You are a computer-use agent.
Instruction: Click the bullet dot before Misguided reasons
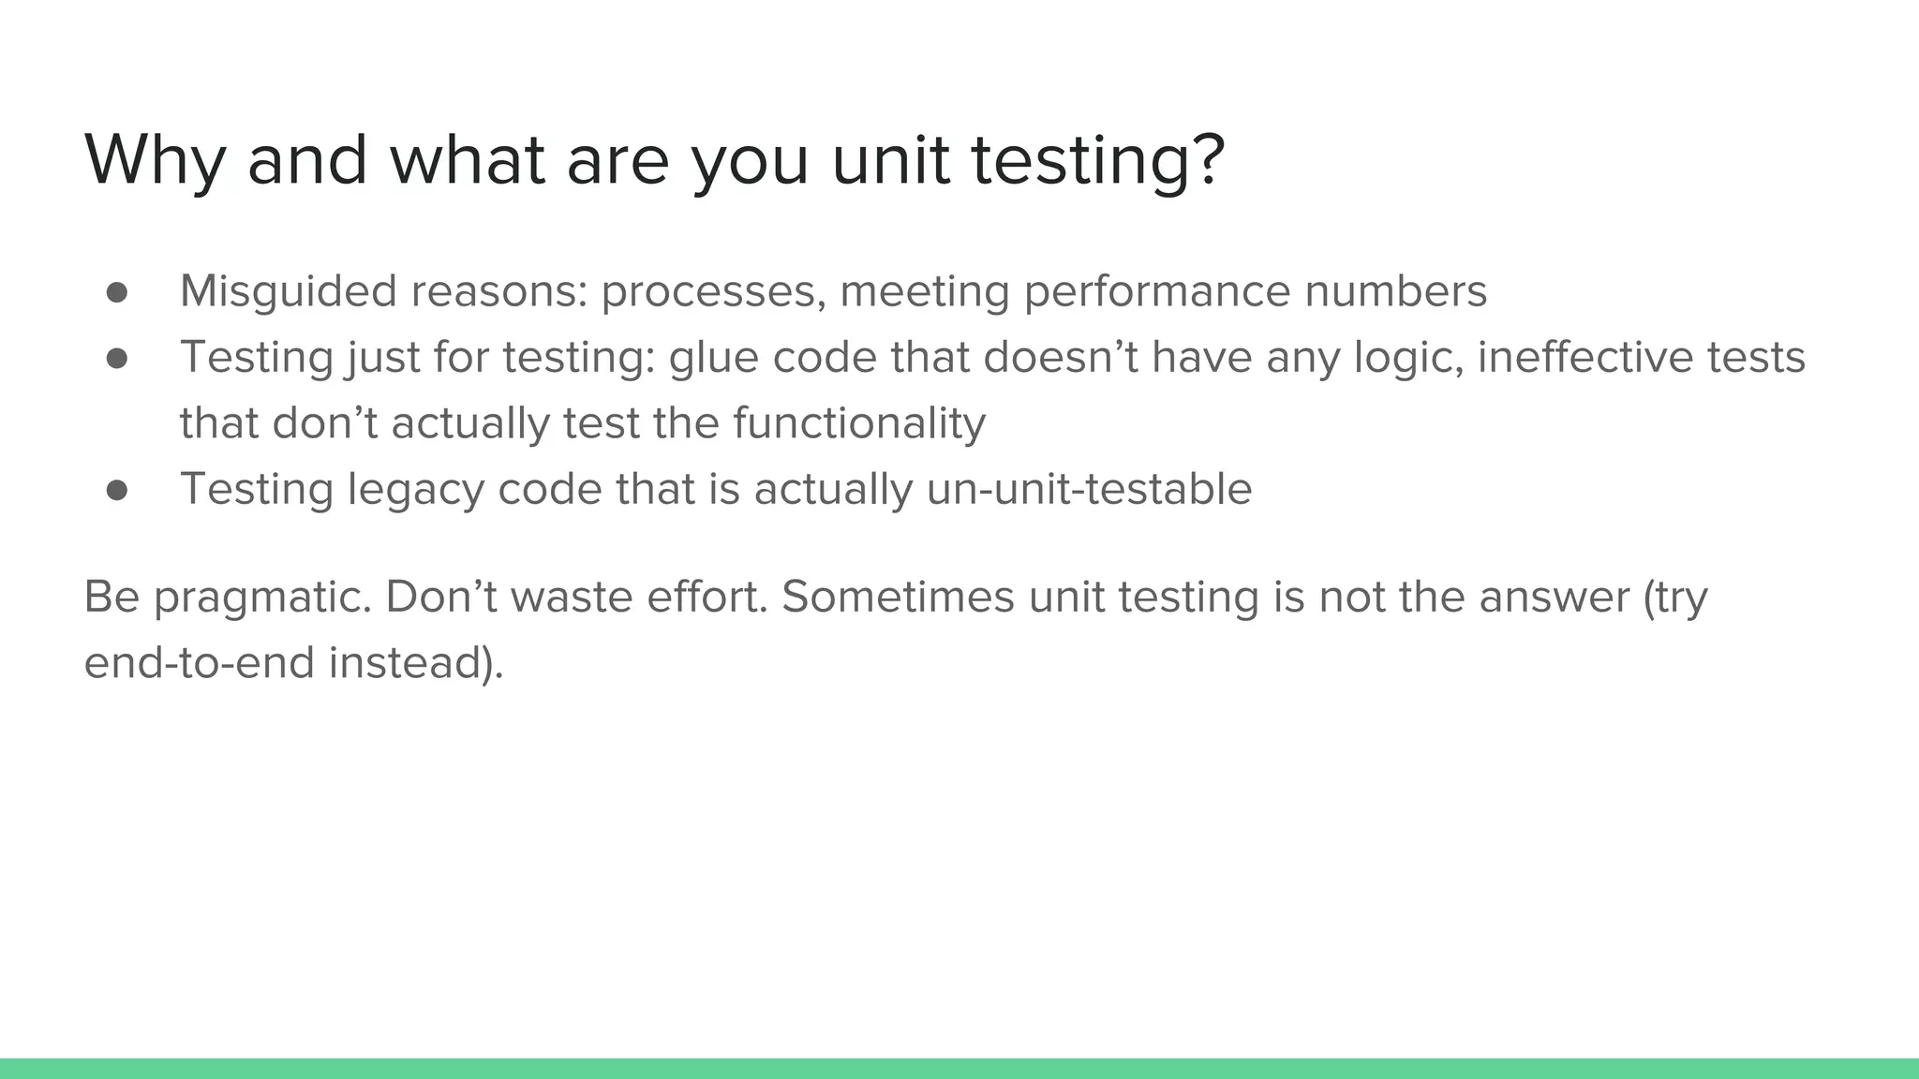pyautogui.click(x=117, y=293)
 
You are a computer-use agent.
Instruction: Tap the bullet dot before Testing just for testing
pyautogui.click(x=117, y=359)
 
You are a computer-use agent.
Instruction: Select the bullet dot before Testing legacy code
pyautogui.click(x=117, y=491)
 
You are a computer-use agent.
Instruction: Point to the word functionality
pyautogui.click(x=859, y=423)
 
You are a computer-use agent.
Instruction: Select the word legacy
pyautogui.click(x=415, y=491)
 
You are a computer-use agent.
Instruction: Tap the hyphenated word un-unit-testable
pyautogui.click(x=1089, y=489)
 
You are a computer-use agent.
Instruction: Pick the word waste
pyautogui.click(x=572, y=598)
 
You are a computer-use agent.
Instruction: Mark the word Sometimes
pyautogui.click(x=898, y=598)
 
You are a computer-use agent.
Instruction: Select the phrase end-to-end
pyautogui.click(x=199, y=663)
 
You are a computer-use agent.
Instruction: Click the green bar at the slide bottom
pyautogui.click(x=959, y=1069)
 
